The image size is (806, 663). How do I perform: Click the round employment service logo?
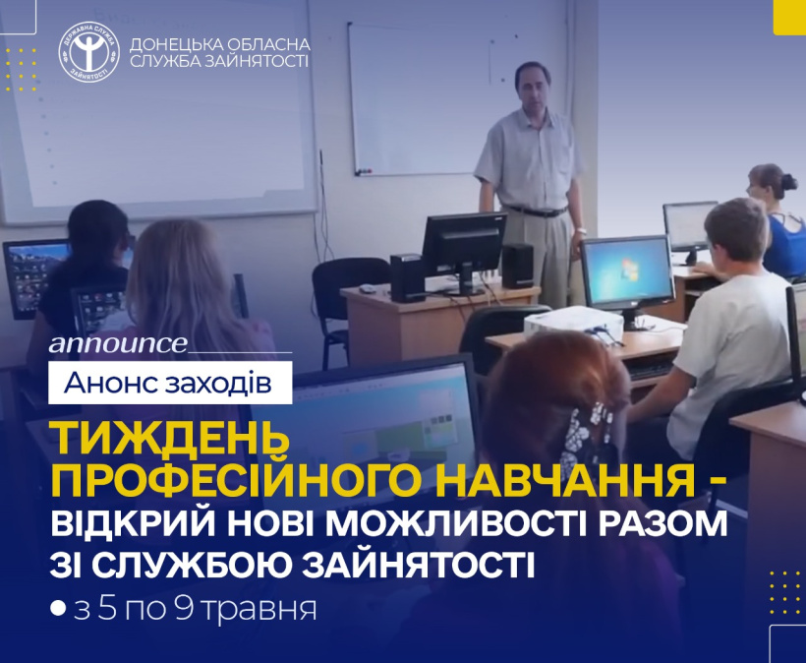pos(88,52)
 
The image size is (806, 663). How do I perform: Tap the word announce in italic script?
pos(118,343)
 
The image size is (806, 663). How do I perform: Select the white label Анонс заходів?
pos(170,383)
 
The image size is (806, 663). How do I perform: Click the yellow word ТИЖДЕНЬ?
pos(169,438)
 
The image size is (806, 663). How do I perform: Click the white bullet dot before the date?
pos(58,609)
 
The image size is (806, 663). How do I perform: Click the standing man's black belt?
pos(536,211)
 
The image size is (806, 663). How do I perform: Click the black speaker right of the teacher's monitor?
pos(517,266)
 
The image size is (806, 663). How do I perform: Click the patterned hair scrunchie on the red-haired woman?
pos(589,432)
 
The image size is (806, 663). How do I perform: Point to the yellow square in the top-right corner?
pos(789,17)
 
